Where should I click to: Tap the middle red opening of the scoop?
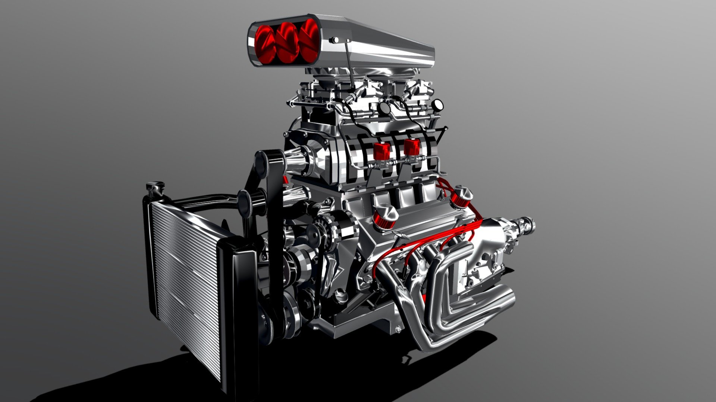point(288,42)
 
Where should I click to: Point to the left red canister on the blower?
point(381,149)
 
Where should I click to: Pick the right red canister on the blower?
point(412,147)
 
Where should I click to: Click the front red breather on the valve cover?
point(384,217)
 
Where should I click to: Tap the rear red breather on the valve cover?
point(461,197)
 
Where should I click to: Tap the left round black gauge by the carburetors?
point(384,108)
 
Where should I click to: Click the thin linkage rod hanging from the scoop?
point(350,63)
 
